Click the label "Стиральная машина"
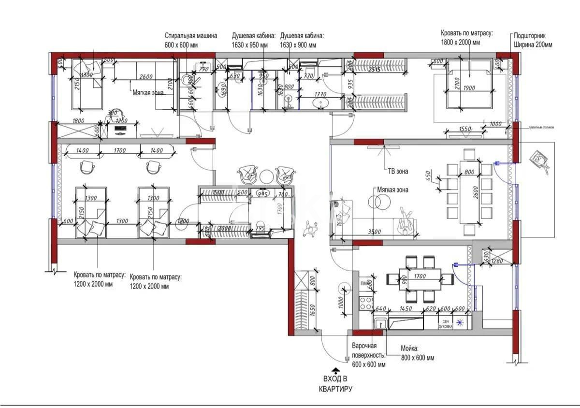[190, 36]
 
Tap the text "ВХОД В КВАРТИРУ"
[335, 384]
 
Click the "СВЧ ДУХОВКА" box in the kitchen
[445, 324]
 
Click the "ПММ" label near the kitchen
[364, 283]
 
